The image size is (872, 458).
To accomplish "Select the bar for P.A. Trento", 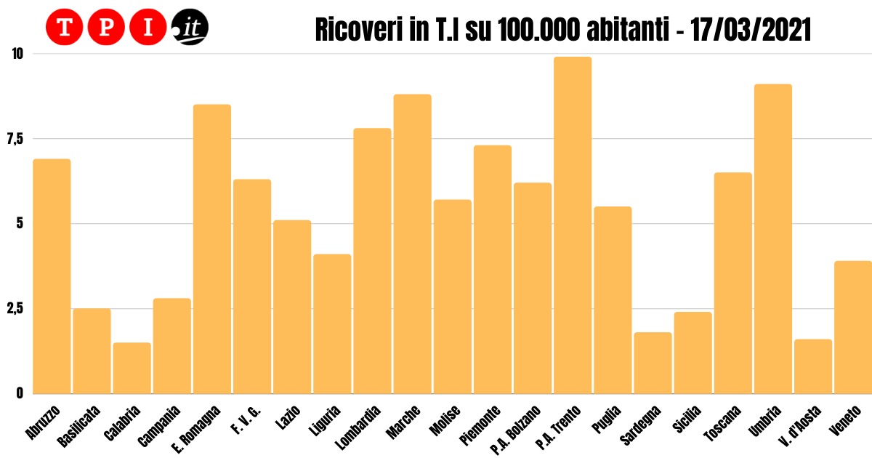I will pos(573,225).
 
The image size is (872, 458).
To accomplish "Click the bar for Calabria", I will pos(132,368).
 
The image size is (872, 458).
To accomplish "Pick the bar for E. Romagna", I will pos(212,249).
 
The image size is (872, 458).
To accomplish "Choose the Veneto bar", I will pos(853,327).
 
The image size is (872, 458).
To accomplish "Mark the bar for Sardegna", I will pos(653,363).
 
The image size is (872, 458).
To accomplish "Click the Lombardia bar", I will pos(372,260).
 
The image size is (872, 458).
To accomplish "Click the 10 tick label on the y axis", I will pos(17,54).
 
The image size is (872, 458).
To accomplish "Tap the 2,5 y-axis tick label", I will pos(15,309).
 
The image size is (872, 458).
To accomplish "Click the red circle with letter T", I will pos(64,28).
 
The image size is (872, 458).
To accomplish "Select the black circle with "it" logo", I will pos(190,28).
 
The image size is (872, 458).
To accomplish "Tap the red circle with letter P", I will pos(106,28).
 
